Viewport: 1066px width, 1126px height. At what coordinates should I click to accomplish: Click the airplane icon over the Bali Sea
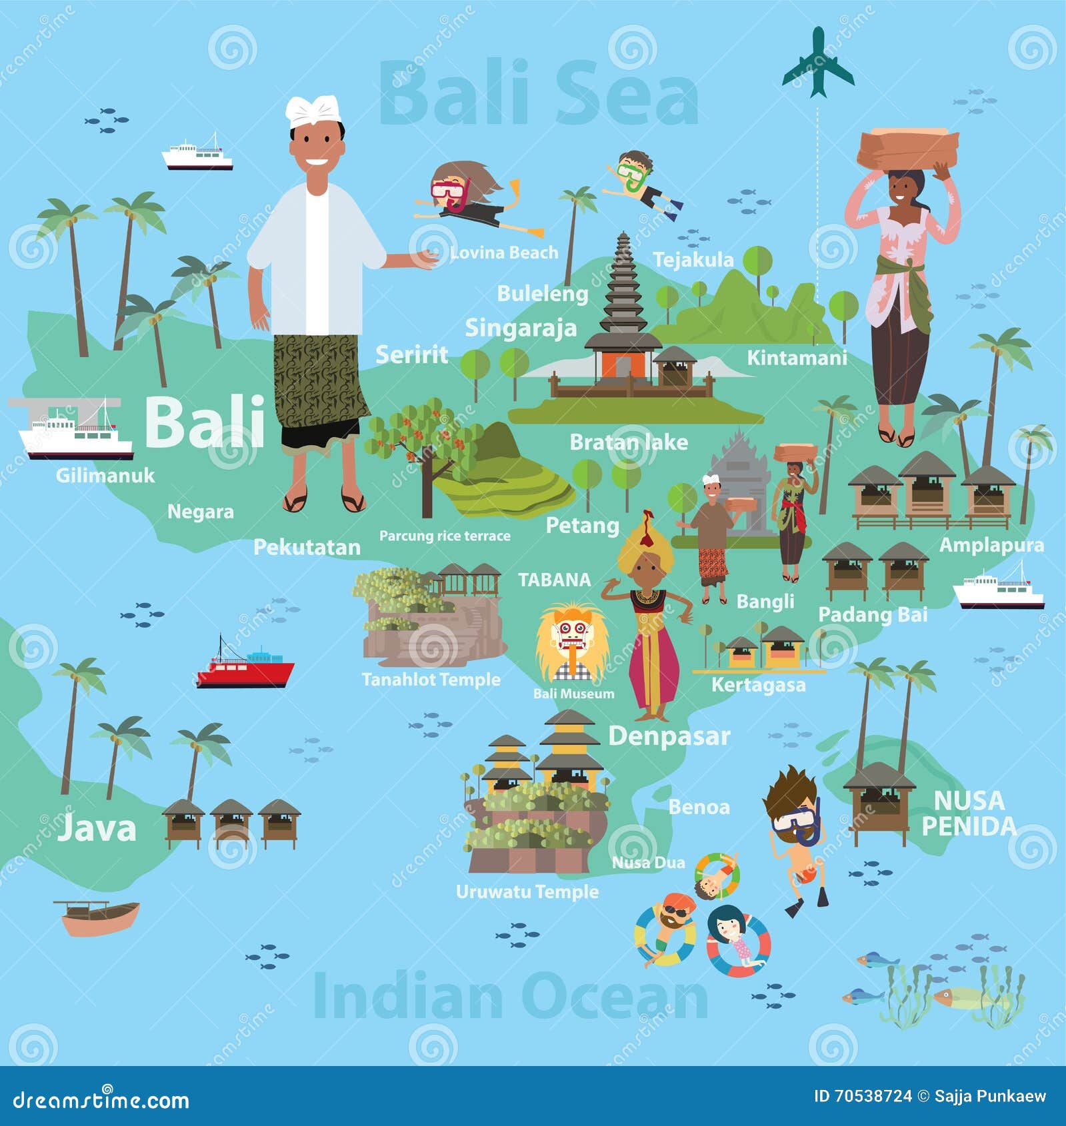817,63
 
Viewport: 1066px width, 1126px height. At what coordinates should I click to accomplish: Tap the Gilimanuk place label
105,475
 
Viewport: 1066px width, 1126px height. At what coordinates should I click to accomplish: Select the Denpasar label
669,736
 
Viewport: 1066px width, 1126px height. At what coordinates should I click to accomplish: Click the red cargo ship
245,668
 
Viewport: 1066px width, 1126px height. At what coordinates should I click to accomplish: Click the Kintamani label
797,358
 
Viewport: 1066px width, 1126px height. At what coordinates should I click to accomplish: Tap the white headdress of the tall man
313,111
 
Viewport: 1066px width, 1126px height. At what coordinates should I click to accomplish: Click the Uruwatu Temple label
527,891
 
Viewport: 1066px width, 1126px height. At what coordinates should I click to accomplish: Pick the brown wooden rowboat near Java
99,917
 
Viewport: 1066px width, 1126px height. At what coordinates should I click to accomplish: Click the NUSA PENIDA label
969,813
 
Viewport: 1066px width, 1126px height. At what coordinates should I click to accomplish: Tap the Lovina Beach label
504,253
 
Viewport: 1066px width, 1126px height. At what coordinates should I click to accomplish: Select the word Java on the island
97,828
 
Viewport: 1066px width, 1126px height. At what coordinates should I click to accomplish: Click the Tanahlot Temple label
431,680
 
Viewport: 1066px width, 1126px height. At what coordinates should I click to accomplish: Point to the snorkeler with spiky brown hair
796,833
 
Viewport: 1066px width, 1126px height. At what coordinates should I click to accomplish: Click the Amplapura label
991,545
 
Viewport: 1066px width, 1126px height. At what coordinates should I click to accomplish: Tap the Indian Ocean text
510,996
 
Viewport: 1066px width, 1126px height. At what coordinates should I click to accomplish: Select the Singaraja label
521,328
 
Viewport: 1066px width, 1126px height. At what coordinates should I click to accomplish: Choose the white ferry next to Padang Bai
998,588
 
